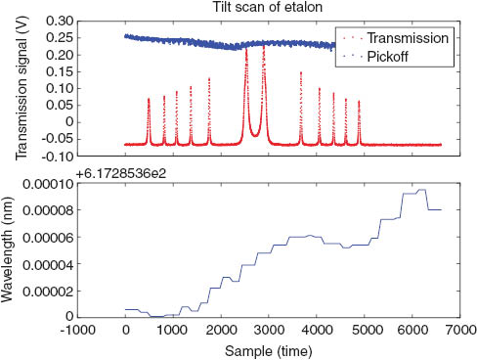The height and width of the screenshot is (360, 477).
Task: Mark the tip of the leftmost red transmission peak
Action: (149, 99)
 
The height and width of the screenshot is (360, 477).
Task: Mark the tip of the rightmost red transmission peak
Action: (359, 101)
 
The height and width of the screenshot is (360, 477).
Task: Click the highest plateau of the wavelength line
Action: (422, 190)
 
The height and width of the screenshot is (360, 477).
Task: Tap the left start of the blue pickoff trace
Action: (126, 36)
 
